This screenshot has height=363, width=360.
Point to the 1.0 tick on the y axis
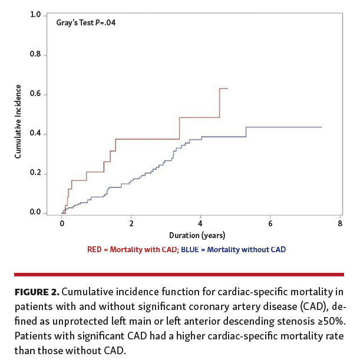[35, 15]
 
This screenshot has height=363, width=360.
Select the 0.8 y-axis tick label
[35, 55]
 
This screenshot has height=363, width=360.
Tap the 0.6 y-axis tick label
[35, 94]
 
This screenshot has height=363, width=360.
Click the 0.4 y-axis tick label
[35, 134]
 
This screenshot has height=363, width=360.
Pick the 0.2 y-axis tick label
[35, 173]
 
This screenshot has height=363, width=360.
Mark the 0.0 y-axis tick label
[35, 213]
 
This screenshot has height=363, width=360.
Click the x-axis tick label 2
[131, 225]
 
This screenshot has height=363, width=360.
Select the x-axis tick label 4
[201, 225]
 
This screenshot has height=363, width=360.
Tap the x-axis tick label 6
[270, 225]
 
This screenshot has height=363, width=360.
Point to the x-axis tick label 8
[340, 225]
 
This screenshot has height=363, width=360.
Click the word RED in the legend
[94, 250]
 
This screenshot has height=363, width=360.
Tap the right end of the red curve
[227, 88]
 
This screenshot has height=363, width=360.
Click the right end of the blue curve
[322, 127]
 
